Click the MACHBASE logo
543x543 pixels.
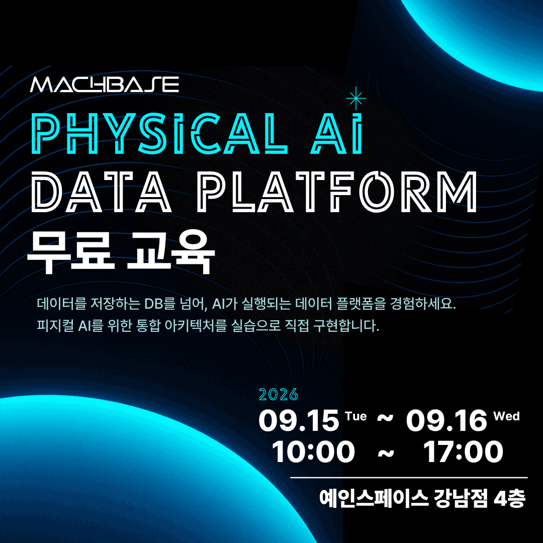pyautogui.click(x=105, y=84)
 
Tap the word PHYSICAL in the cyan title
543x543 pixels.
pyautogui.click(x=159, y=134)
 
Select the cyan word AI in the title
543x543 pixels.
pyautogui.click(x=336, y=134)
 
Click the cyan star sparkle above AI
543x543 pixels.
pyautogui.click(x=355, y=99)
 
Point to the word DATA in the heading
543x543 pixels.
pyautogui.click(x=101, y=192)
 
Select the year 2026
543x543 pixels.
pyautogui.click(x=279, y=395)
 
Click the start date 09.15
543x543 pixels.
pyautogui.click(x=299, y=420)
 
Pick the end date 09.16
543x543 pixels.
pyautogui.click(x=447, y=420)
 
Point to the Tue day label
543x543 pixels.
pyautogui.click(x=356, y=416)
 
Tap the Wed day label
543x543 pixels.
pyautogui.click(x=507, y=416)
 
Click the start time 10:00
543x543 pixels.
pyautogui.click(x=313, y=451)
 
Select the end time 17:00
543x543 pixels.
pyautogui.click(x=464, y=451)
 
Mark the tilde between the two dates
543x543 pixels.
pyautogui.click(x=385, y=419)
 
